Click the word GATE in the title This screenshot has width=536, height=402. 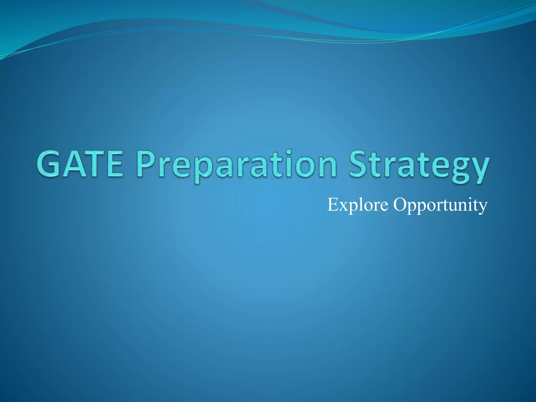80,164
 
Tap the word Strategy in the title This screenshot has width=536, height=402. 418,166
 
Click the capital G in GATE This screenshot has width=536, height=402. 49,164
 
